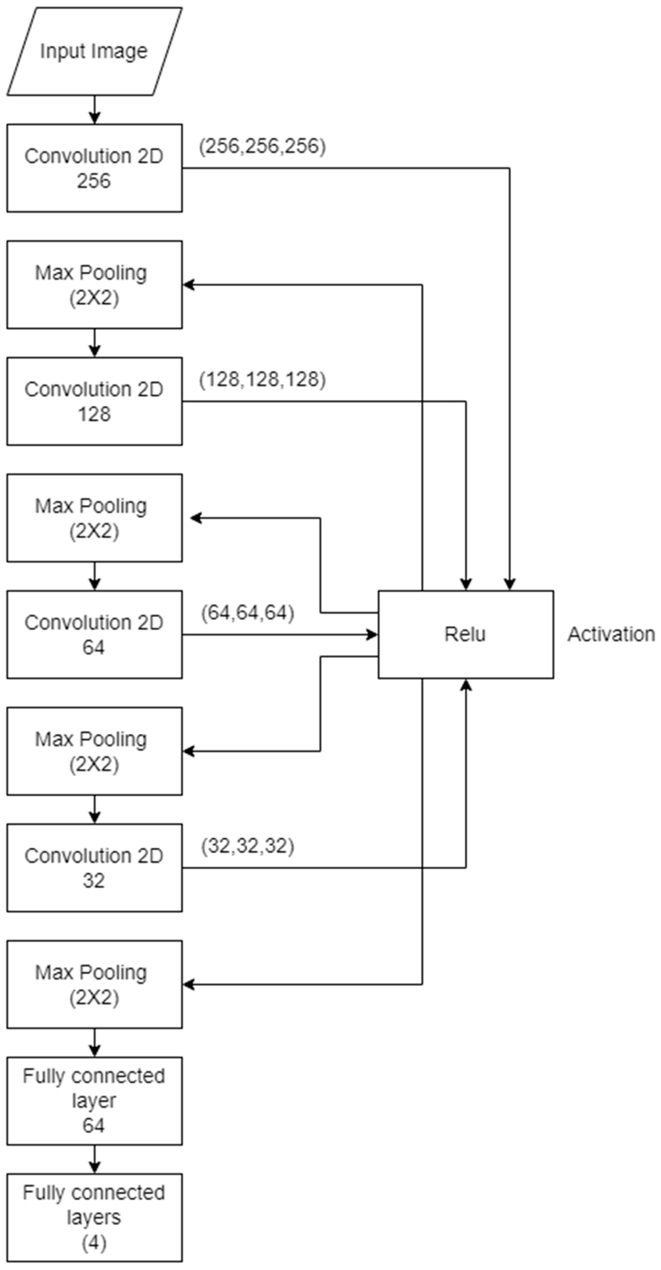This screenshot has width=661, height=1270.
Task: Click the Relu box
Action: pyautogui.click(x=465, y=634)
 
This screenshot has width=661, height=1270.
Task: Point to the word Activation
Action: pyautogui.click(x=611, y=634)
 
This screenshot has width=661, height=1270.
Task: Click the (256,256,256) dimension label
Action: pyautogui.click(x=262, y=146)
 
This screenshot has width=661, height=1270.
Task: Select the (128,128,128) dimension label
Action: pyautogui.click(x=262, y=380)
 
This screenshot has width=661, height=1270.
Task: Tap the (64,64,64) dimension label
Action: pyautogui.click(x=248, y=613)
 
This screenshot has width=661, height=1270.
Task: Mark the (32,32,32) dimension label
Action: pyautogui.click(x=248, y=846)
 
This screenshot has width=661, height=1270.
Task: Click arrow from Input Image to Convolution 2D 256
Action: pyautogui.click(x=94, y=110)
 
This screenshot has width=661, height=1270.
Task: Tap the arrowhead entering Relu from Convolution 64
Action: pyautogui.click(x=372, y=634)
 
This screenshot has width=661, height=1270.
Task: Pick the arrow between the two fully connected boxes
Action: pyautogui.click(x=94, y=1159)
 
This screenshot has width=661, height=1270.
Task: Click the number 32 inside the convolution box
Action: pyautogui.click(x=93, y=881)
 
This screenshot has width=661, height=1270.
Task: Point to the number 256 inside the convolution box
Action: pyautogui.click(x=93, y=181)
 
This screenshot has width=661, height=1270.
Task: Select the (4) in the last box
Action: pyautogui.click(x=93, y=1243)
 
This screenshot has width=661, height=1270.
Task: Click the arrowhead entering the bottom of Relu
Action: pyautogui.click(x=465, y=685)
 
